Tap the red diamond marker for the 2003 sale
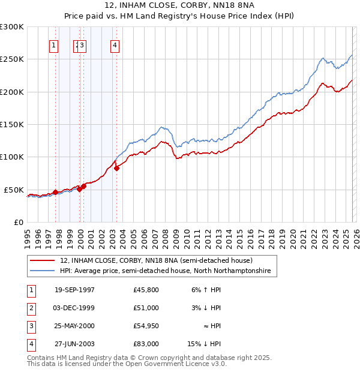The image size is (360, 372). coord(116,168)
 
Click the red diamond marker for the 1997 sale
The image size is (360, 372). coord(55,192)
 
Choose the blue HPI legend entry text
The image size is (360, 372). coord(165,271)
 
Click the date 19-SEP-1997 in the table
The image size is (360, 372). coord(74,290)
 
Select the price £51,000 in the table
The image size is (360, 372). coord(146,308)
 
